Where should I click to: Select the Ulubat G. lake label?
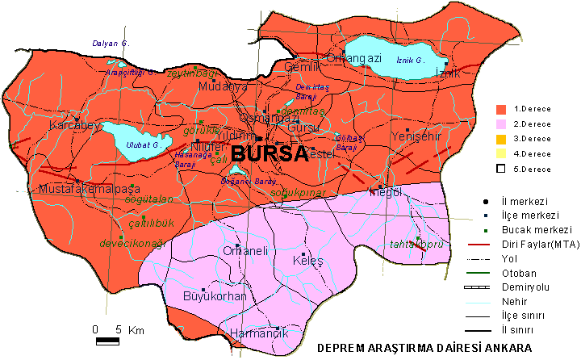point(139,146)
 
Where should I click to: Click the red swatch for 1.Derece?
point(500,108)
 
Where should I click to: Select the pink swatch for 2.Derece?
point(500,123)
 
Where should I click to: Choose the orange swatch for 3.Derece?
point(500,139)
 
